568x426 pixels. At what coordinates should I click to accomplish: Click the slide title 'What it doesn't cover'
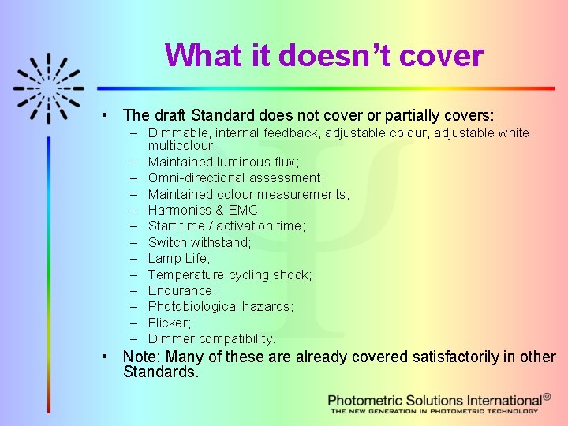pyautogui.click(x=323, y=56)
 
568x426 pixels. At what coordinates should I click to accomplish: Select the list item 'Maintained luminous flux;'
pyautogui.click(x=223, y=162)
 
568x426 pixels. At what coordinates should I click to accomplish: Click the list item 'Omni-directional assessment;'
pyautogui.click(x=236, y=177)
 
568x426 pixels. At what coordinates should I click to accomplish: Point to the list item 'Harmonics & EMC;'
pyautogui.click(x=204, y=210)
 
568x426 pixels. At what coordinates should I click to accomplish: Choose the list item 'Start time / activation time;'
pyautogui.click(x=226, y=226)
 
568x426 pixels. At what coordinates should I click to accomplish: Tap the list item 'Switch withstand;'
pyautogui.click(x=200, y=242)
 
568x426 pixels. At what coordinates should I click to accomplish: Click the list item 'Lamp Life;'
pyautogui.click(x=179, y=258)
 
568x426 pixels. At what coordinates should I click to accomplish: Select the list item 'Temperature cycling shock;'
pyautogui.click(x=230, y=275)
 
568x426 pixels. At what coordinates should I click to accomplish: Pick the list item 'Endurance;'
pyautogui.click(x=181, y=290)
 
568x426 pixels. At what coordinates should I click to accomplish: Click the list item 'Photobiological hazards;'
pyautogui.click(x=220, y=306)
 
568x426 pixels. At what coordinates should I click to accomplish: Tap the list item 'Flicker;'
pyautogui.click(x=169, y=323)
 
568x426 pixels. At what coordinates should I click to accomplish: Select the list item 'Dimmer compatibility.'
pyautogui.click(x=211, y=338)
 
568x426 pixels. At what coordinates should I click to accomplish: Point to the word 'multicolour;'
pyautogui.click(x=181, y=145)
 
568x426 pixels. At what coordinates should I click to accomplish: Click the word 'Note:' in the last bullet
pyautogui.click(x=141, y=357)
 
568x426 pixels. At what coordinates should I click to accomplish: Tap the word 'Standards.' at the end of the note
pyautogui.click(x=161, y=371)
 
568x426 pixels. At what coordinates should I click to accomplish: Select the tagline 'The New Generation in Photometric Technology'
pyautogui.click(x=434, y=411)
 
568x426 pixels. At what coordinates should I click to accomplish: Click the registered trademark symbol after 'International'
pyautogui.click(x=547, y=397)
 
